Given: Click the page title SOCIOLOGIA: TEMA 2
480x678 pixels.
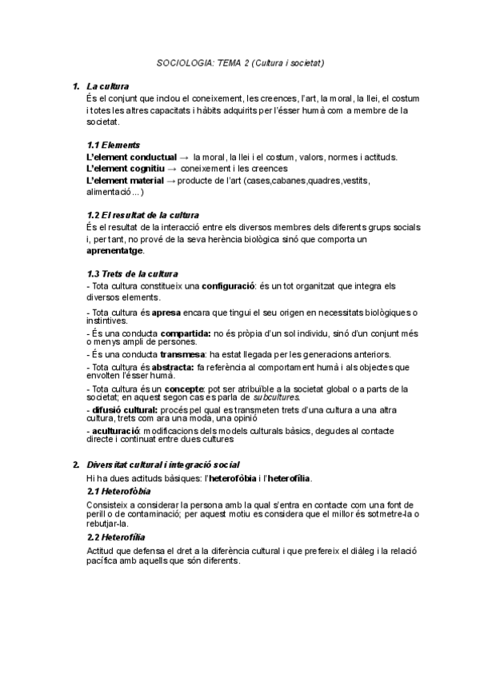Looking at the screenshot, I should tap(239, 62).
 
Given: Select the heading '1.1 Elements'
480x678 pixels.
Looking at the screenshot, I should tap(113, 146).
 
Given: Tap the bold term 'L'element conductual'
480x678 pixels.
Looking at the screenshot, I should tap(131, 158).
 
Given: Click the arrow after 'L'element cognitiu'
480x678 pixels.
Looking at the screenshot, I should tap(172, 169).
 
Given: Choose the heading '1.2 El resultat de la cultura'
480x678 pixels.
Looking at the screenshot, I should tap(142, 215).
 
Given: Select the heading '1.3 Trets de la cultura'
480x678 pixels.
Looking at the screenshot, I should tap(132, 273).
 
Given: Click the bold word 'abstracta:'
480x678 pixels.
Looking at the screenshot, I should tap(177, 366).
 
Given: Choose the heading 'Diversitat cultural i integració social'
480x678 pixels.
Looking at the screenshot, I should tap(163, 465).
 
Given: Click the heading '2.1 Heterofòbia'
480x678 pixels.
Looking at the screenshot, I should tap(118, 490).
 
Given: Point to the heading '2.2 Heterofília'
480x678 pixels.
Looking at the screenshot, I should tap(115, 537).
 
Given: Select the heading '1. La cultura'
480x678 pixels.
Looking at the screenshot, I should tap(107, 85).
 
